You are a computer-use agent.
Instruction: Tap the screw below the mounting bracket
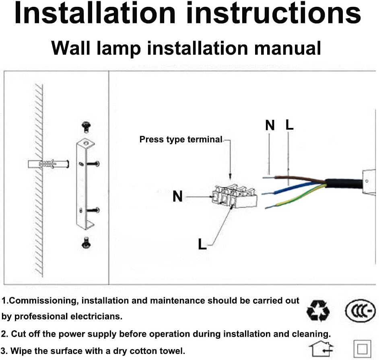[86, 243]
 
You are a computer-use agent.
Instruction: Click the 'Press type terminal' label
[181, 140]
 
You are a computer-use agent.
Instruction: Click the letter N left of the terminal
[177, 197]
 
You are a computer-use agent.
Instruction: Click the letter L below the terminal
[202, 243]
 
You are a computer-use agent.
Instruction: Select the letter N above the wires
[270, 125]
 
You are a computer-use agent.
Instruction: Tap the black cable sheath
[344, 183]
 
